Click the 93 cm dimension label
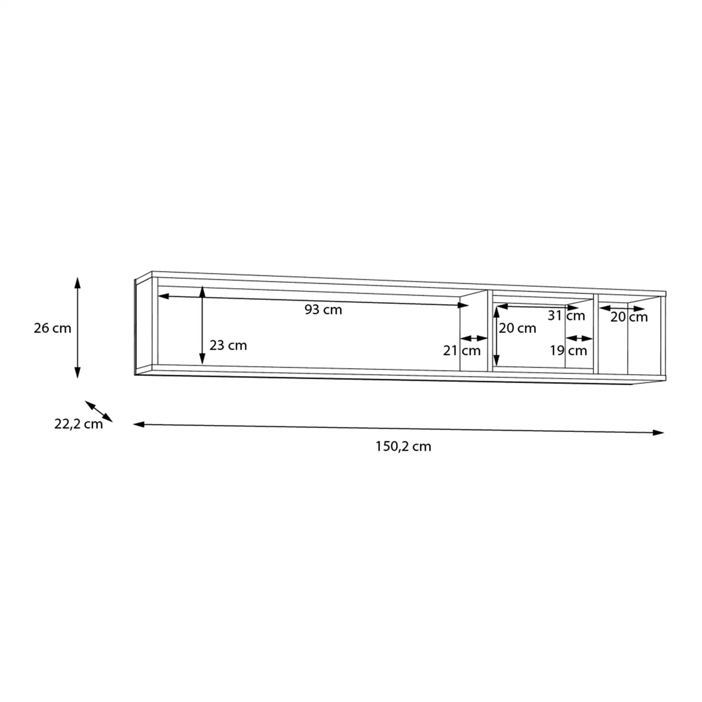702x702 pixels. pos(323,310)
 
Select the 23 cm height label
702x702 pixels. pos(228,345)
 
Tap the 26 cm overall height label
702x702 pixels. pos(52,328)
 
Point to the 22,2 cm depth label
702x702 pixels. pos(78,424)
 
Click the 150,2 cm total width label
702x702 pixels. pos(403,446)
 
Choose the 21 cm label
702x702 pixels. pos(462,351)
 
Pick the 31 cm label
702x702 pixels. pos(566,316)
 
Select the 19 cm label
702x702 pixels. pos(568,351)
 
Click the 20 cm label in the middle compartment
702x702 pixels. pos(517,328)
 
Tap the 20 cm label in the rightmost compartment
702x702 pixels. pos(629,317)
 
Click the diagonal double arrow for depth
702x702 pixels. pos(99,411)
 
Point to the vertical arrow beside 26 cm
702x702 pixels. pos(77,328)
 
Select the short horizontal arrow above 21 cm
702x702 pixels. pos(473,338)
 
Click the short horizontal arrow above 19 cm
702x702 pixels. pos(579,338)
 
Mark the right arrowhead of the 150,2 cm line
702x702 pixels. pos(658,432)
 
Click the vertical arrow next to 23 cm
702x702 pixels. pos(203,325)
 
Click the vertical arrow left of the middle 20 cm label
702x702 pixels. pos(496,336)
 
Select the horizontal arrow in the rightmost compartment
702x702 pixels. pos(622,309)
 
